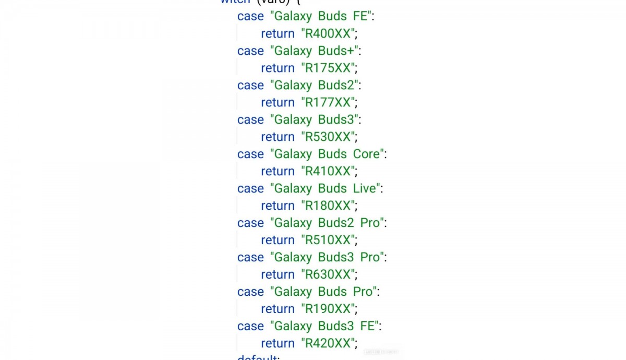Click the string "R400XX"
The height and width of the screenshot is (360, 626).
[329, 33]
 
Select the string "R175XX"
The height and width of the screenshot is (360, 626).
[329, 68]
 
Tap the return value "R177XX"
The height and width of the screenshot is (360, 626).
[329, 102]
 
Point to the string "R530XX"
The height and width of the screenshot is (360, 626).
[329, 137]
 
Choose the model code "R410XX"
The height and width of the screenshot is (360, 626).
[329, 171]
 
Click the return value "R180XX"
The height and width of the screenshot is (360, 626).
[329, 206]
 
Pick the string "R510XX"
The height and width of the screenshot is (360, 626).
[329, 240]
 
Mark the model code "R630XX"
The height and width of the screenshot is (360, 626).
[329, 274]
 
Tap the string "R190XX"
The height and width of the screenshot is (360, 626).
[329, 309]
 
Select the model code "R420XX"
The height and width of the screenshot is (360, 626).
[329, 343]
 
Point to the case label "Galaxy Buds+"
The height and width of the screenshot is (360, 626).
[314, 51]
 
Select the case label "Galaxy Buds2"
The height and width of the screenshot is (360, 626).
[314, 85]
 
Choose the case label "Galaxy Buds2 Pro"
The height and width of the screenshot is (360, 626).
[327, 223]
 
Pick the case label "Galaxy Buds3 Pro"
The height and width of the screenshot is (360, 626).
[327, 257]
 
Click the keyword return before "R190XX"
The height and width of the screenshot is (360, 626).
[278, 309]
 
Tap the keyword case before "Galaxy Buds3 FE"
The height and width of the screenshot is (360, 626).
[250, 326]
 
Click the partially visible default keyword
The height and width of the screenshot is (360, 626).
[257, 357]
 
